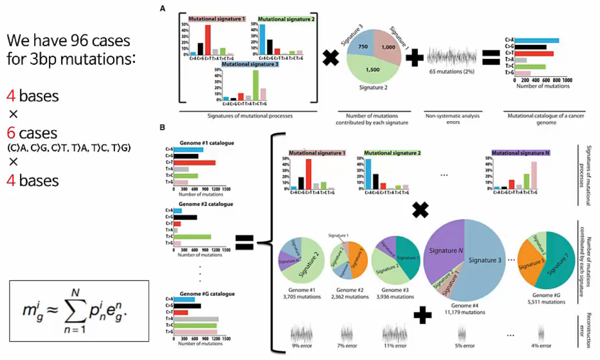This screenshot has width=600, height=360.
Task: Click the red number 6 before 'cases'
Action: tap(10, 134)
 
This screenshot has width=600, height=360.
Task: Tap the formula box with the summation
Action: tap(79, 311)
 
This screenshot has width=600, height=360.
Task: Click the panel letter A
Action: tap(162, 9)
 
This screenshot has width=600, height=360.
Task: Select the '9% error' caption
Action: tap(302, 346)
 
